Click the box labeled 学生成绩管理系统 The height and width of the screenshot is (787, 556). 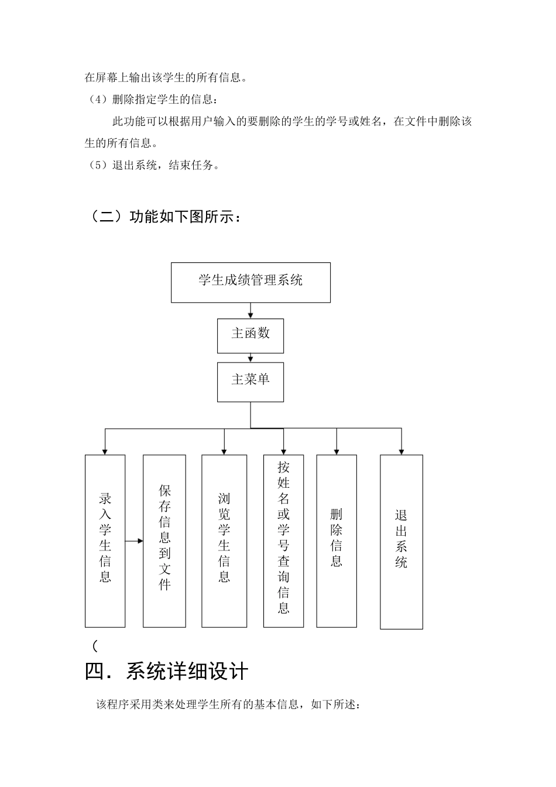click(x=250, y=282)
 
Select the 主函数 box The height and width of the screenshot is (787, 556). click(x=250, y=336)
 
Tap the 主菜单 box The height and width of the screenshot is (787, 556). click(x=250, y=382)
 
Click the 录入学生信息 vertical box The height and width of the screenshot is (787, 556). click(x=105, y=540)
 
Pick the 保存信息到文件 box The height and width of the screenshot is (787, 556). click(x=164, y=540)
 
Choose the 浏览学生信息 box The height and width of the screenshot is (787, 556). click(x=224, y=540)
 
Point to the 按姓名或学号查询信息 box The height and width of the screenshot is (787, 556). click(x=284, y=540)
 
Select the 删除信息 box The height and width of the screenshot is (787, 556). click(x=337, y=540)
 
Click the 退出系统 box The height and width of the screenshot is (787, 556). click(x=401, y=542)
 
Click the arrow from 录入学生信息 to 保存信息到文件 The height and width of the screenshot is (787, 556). click(x=135, y=540)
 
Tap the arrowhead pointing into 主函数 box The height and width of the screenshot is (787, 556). click(x=250, y=316)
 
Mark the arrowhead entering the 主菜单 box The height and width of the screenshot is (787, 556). click(x=250, y=359)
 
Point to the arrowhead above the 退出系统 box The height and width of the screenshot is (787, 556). click(x=401, y=451)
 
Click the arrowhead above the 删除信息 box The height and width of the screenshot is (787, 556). click(x=337, y=451)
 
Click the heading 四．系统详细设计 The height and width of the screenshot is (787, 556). click(x=167, y=671)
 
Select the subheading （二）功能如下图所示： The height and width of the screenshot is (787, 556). click(x=164, y=217)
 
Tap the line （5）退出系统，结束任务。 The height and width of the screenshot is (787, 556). click(x=153, y=165)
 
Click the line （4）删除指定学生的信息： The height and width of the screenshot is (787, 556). click(x=153, y=99)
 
